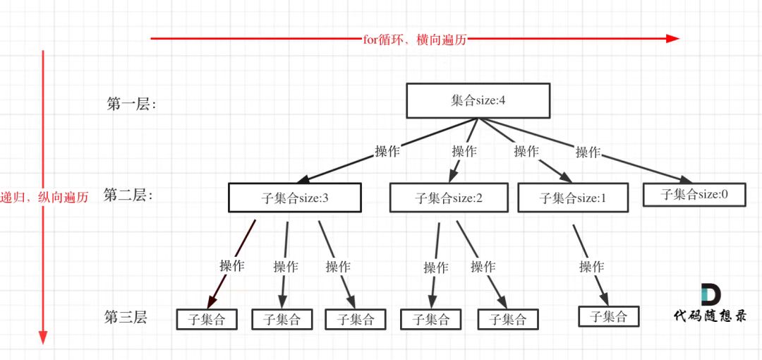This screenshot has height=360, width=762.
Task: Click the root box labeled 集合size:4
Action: pyautogui.click(x=478, y=100)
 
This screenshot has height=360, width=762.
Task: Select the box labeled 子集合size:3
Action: pyautogui.click(x=294, y=198)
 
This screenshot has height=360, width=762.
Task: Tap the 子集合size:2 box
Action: pyautogui.click(x=449, y=198)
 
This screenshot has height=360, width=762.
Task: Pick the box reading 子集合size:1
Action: pyautogui.click(x=573, y=198)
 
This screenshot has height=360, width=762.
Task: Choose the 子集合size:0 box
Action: pyautogui.click(x=694, y=194)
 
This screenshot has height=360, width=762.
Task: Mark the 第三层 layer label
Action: pyautogui.click(x=126, y=318)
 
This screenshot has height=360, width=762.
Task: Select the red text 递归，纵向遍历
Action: pyautogui.click(x=44, y=198)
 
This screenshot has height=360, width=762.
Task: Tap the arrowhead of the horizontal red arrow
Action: pyautogui.click(x=673, y=39)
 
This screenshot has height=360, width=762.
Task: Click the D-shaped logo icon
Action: pyautogui.click(x=710, y=295)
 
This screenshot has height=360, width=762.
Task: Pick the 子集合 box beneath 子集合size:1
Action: pyautogui.click(x=608, y=316)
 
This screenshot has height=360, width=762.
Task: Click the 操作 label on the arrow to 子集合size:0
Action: pyautogui.click(x=588, y=152)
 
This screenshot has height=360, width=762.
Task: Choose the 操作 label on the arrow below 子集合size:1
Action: pyautogui.click(x=591, y=267)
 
